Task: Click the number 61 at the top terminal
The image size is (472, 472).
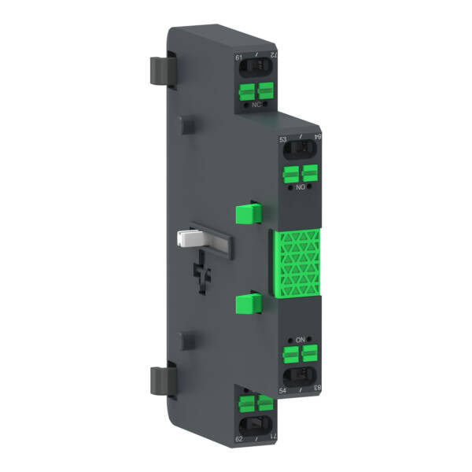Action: pyautogui.click(x=239, y=57)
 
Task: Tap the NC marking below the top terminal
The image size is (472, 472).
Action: pyautogui.click(x=256, y=102)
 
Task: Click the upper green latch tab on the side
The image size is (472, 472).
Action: pyautogui.click(x=248, y=212)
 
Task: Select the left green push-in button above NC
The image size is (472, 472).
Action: pyautogui.click(x=249, y=89)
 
